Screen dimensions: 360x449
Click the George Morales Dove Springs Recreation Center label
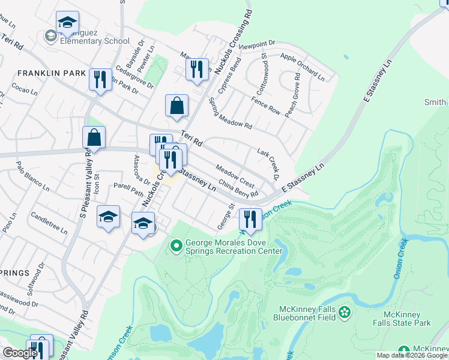(x=234, y=246)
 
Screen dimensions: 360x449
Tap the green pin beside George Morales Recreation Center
(x=176, y=245)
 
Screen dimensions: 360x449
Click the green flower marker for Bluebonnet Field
(x=345, y=313)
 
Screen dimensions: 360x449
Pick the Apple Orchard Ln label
(x=302, y=67)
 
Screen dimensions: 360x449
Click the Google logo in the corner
(x=20, y=353)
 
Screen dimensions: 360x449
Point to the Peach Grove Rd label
(x=295, y=94)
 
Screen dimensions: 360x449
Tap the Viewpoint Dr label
(x=256, y=44)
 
